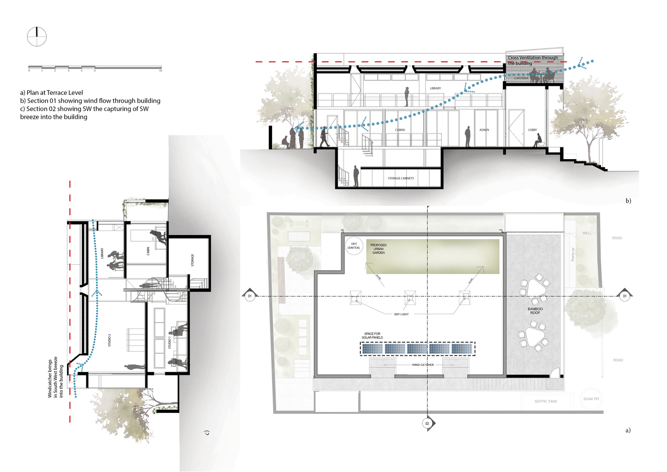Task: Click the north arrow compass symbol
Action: pyautogui.click(x=37, y=37)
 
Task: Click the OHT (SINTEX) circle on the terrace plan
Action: pyautogui.click(x=354, y=246)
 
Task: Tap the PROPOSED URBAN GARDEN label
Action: pyautogui.click(x=378, y=249)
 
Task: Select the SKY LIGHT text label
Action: pyautogui.click(x=401, y=314)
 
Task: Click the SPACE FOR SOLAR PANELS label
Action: pyautogui.click(x=372, y=336)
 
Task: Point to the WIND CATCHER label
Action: pyautogui.click(x=423, y=365)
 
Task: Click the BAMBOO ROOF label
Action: pyautogui.click(x=535, y=311)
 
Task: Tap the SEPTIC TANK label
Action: pyautogui.click(x=546, y=401)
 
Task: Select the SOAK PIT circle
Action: pyautogui.click(x=591, y=399)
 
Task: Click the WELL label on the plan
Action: pyautogui.click(x=587, y=233)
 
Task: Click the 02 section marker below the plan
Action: pyautogui.click(x=427, y=423)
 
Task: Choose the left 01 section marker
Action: pyautogui.click(x=250, y=296)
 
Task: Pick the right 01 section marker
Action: pyautogui.click(x=625, y=296)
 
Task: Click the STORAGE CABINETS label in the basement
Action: pyautogui.click(x=400, y=178)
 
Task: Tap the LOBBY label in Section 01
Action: pyautogui.click(x=532, y=130)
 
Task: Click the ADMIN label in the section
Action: pyautogui.click(x=484, y=130)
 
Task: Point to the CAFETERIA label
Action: pyautogui.click(x=521, y=78)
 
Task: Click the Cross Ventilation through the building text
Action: pyautogui.click(x=532, y=60)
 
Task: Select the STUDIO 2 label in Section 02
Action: pyautogui.click(x=109, y=340)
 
